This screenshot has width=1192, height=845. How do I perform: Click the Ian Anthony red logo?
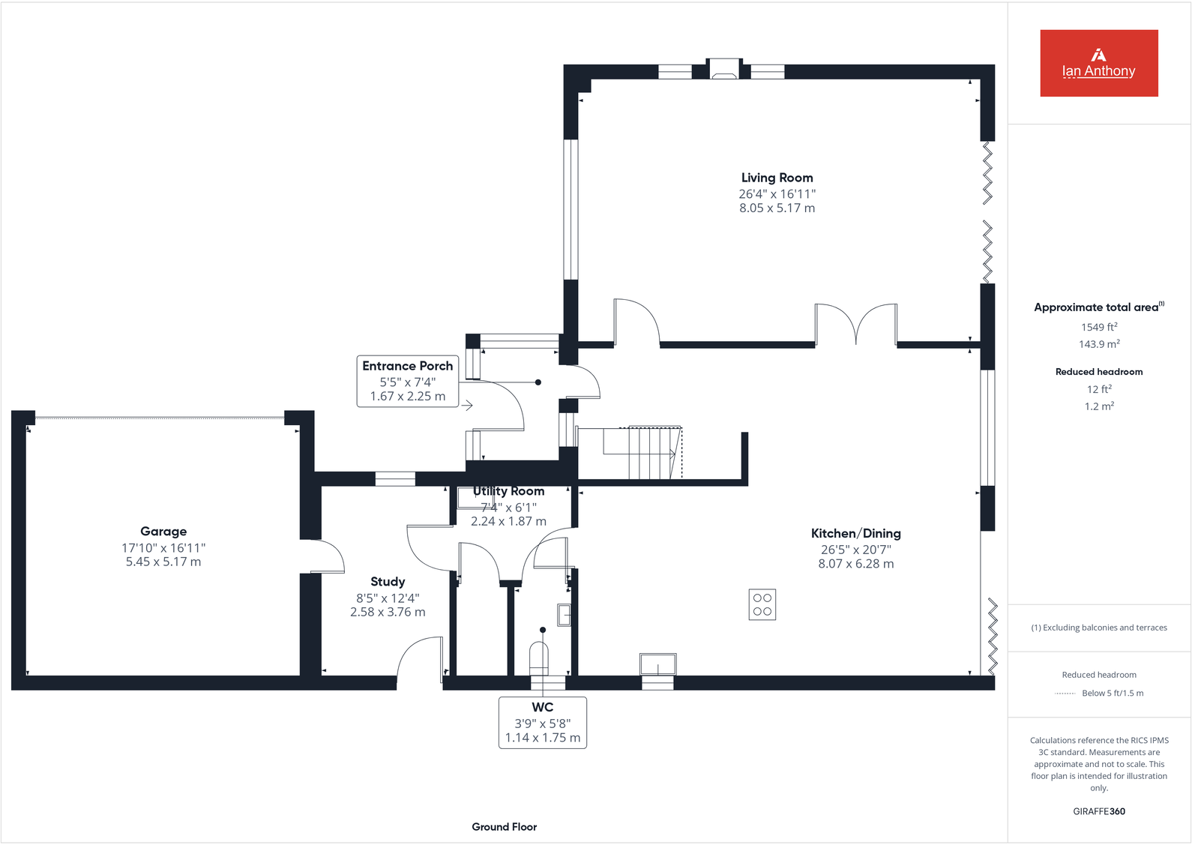click(x=1098, y=63)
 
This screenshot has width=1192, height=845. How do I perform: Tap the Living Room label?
click(x=777, y=178)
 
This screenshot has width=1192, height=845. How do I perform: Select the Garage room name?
click(x=163, y=532)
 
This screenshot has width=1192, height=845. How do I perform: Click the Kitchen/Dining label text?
click(x=855, y=534)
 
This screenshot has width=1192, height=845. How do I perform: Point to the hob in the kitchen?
click(x=762, y=604)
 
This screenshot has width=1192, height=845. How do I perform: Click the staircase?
click(x=642, y=452)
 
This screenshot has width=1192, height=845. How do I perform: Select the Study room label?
click(x=388, y=582)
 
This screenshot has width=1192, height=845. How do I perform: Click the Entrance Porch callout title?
click(x=407, y=366)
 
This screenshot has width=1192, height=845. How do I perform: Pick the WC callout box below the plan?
click(x=543, y=722)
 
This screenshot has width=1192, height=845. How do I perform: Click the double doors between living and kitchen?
click(x=855, y=325)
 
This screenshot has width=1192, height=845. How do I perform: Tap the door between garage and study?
click(x=324, y=556)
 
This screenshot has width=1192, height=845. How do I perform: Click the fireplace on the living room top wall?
click(x=724, y=70)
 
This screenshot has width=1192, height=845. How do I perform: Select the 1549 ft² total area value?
click(x=1099, y=328)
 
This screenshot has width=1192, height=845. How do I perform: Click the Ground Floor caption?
click(x=504, y=827)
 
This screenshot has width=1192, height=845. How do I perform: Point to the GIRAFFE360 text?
click(x=1099, y=811)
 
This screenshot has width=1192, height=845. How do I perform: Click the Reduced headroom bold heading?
click(x=1099, y=372)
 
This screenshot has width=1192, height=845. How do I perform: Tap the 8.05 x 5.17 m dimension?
click(x=777, y=208)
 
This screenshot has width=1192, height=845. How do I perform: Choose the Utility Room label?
click(x=509, y=491)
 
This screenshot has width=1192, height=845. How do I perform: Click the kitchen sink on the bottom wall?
click(x=657, y=664)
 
